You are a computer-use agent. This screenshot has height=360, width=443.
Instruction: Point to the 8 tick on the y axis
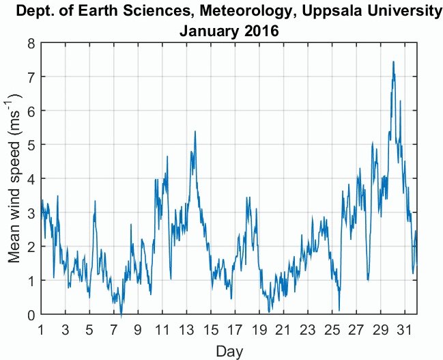click(x=30, y=42)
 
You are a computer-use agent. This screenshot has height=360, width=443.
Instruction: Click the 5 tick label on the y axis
click(x=30, y=145)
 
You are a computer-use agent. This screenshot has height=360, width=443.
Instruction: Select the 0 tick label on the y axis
click(x=30, y=315)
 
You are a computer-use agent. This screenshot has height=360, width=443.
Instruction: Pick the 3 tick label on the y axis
click(x=30, y=212)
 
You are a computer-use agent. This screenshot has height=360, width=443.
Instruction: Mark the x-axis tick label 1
click(x=42, y=329)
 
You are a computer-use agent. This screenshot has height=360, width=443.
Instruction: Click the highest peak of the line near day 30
click(x=393, y=61)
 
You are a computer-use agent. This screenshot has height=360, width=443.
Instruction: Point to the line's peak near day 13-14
click(x=195, y=131)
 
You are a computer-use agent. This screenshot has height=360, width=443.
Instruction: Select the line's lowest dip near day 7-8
click(x=121, y=316)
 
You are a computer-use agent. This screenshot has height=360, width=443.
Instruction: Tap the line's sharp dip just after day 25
click(x=339, y=309)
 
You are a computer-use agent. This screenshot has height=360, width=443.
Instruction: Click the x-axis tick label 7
click(x=114, y=329)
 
